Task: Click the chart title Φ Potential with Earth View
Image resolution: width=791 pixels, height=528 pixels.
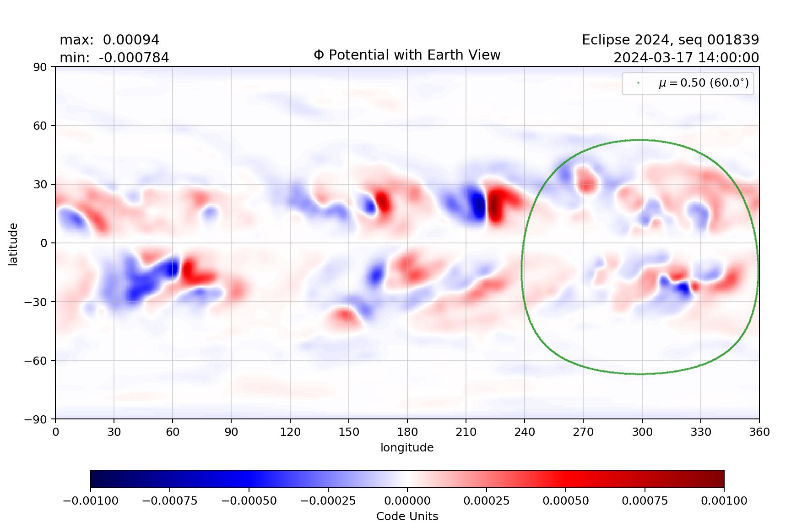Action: click(x=407, y=55)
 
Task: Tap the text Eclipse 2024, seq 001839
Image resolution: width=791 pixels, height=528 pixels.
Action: click(x=670, y=40)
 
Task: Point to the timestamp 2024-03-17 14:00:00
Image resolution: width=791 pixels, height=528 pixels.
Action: click(x=686, y=58)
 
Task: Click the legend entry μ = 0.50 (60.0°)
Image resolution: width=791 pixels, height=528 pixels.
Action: click(x=704, y=83)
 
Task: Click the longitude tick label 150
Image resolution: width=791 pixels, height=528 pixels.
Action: click(x=348, y=432)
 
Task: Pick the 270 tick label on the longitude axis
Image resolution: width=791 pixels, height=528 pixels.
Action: click(x=583, y=432)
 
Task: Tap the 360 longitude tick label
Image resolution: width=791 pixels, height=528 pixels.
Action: click(x=759, y=432)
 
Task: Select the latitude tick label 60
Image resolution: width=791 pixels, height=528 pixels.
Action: click(x=40, y=126)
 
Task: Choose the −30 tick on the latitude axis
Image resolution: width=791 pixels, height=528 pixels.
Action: click(x=36, y=302)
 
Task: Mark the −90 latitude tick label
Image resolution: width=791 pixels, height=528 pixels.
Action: click(x=36, y=419)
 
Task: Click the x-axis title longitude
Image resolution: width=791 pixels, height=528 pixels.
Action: click(x=407, y=448)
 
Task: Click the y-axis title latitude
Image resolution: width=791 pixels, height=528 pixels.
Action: click(x=13, y=244)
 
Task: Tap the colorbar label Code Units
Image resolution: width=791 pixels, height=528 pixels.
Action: click(x=407, y=517)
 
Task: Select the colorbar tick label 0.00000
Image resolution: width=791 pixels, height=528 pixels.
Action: click(x=407, y=501)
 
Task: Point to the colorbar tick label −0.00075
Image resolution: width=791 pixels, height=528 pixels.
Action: click(x=170, y=501)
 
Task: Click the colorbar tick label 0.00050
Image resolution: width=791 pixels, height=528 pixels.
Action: click(x=565, y=501)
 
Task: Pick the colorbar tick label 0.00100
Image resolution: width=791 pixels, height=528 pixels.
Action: click(x=724, y=501)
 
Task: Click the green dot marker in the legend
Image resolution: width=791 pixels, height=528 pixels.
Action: click(x=638, y=83)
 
